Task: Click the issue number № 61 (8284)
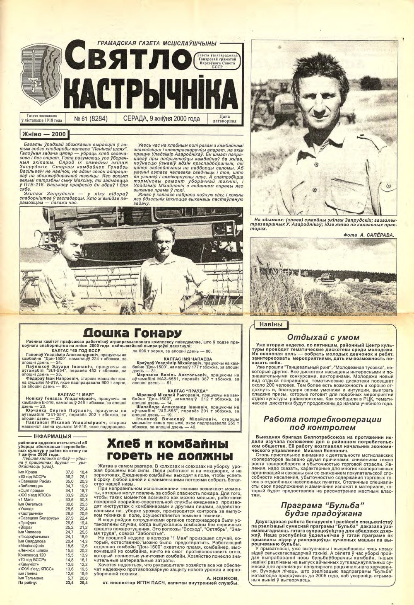[91, 119]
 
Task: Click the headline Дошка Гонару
[132, 334]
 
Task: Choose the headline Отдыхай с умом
[323, 337]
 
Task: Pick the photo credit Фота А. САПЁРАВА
[368, 235]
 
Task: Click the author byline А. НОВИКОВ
[222, 578]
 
